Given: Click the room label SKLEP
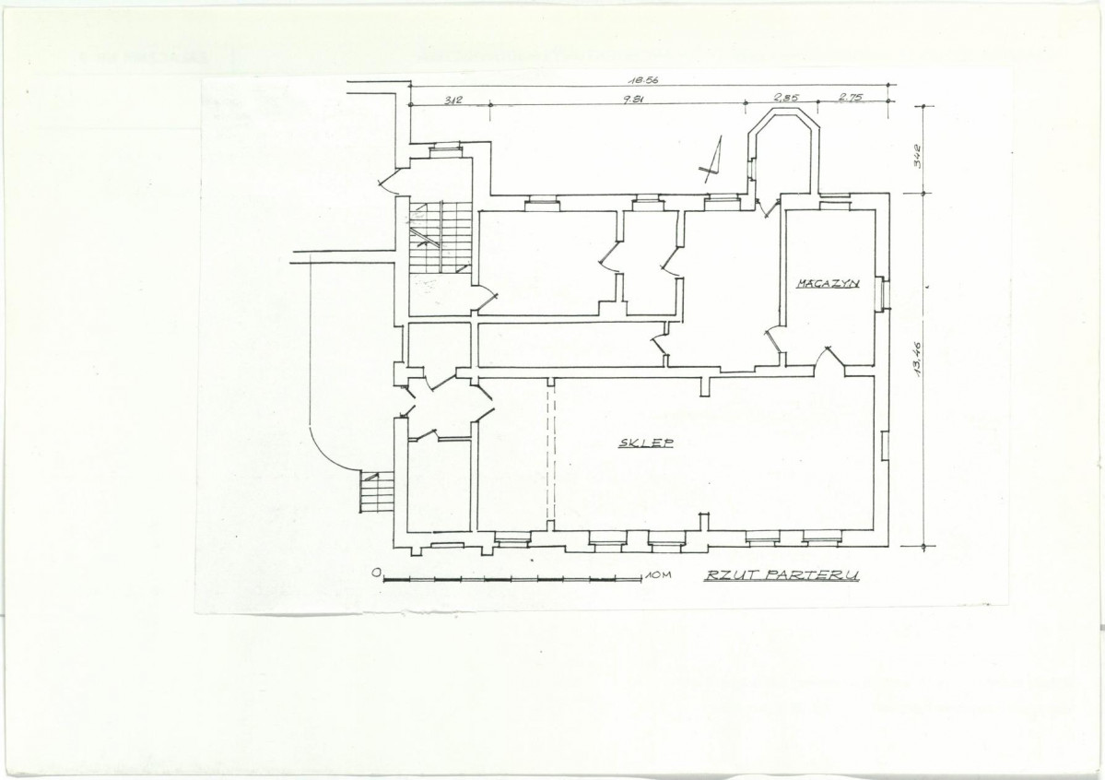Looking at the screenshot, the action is [x=645, y=443].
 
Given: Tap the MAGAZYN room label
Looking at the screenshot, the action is [x=828, y=283].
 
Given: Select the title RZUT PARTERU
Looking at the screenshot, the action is [x=782, y=574].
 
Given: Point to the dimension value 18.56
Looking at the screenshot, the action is [x=642, y=80].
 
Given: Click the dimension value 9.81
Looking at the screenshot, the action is [x=633, y=100].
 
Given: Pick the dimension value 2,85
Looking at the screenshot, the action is [x=786, y=98].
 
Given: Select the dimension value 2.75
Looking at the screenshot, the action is [x=851, y=98].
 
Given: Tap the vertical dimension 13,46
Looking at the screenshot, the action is [x=918, y=360].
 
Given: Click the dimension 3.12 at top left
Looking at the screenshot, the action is [x=453, y=100].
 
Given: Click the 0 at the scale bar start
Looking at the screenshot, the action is [x=376, y=572].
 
